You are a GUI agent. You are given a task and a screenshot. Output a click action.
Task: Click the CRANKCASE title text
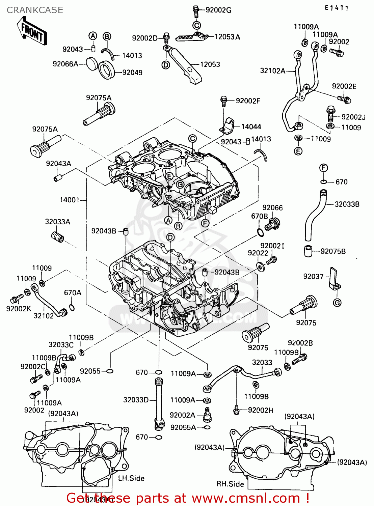click(x=35, y=10)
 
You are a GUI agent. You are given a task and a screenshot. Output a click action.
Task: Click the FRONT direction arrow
click(x=32, y=31)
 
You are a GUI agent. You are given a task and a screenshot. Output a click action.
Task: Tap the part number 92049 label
click(x=132, y=73)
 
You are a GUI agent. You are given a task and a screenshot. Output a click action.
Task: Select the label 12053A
click(x=227, y=37)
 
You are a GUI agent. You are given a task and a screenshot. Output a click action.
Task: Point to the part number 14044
click(x=251, y=127)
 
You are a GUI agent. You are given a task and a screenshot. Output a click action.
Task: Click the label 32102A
click(x=272, y=71)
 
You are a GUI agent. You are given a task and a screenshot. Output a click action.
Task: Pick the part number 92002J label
click(x=353, y=117)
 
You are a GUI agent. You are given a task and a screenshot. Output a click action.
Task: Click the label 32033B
click(x=347, y=204)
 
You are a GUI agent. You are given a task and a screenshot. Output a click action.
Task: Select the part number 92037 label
click(x=313, y=277)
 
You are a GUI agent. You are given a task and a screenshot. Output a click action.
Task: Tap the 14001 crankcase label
click(x=70, y=200)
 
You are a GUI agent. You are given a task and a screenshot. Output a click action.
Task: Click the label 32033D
click(x=136, y=400)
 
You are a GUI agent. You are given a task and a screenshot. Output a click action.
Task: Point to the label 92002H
click(x=261, y=410)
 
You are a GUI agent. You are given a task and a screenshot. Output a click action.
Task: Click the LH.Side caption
click(x=131, y=478)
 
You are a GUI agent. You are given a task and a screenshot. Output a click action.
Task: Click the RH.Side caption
click(x=230, y=484)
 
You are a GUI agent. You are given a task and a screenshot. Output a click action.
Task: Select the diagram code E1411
click(x=337, y=8)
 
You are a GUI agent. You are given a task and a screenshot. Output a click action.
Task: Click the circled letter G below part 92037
click(x=337, y=303)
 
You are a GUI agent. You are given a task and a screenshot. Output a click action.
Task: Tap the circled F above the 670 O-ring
click(x=323, y=168)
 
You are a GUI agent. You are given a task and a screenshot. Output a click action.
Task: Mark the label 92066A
click(x=65, y=64)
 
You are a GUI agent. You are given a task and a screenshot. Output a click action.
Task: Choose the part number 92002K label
click(x=19, y=308)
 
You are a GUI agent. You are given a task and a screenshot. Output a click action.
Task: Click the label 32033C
click(x=61, y=345)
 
